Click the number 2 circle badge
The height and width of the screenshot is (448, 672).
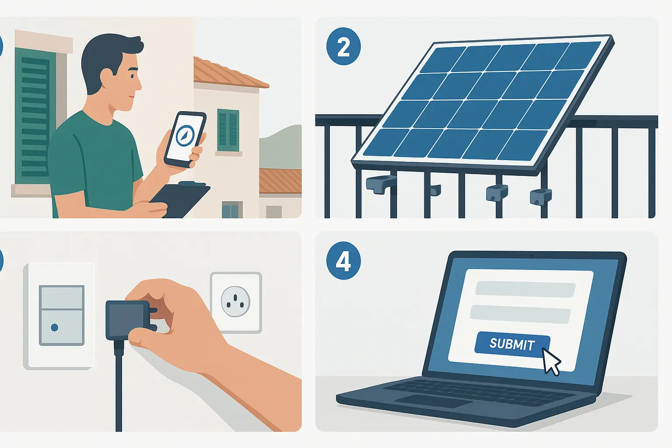tap(343, 48)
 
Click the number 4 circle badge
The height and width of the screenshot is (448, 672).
tap(343, 262)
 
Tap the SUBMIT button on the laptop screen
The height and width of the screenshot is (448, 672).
tap(511, 344)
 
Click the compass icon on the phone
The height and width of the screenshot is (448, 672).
tap(185, 135)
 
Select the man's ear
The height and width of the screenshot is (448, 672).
tap(106, 78)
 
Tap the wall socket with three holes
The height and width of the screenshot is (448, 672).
tap(236, 302)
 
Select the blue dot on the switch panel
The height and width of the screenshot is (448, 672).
tap(55, 327)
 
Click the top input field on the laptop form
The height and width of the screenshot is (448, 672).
tap(525, 290)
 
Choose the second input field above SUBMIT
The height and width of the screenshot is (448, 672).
tap(520, 314)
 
